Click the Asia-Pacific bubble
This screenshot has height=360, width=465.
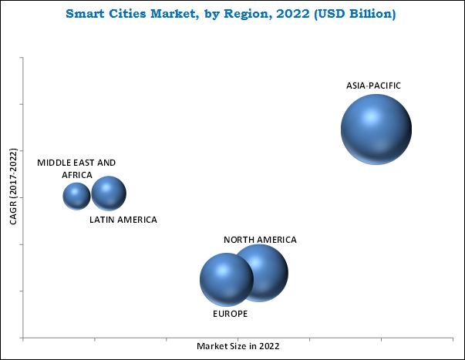376,130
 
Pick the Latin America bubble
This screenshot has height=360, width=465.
109,193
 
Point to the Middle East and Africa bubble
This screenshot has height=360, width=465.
76,196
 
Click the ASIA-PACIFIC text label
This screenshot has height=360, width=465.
373,86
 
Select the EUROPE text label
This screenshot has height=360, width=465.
230,314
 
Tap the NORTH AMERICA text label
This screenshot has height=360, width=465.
260,240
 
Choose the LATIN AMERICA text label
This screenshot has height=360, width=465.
123,220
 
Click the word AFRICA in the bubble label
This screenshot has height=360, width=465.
76,175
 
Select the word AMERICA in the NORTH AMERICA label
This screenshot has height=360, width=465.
276,240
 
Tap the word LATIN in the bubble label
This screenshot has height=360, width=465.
102,220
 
